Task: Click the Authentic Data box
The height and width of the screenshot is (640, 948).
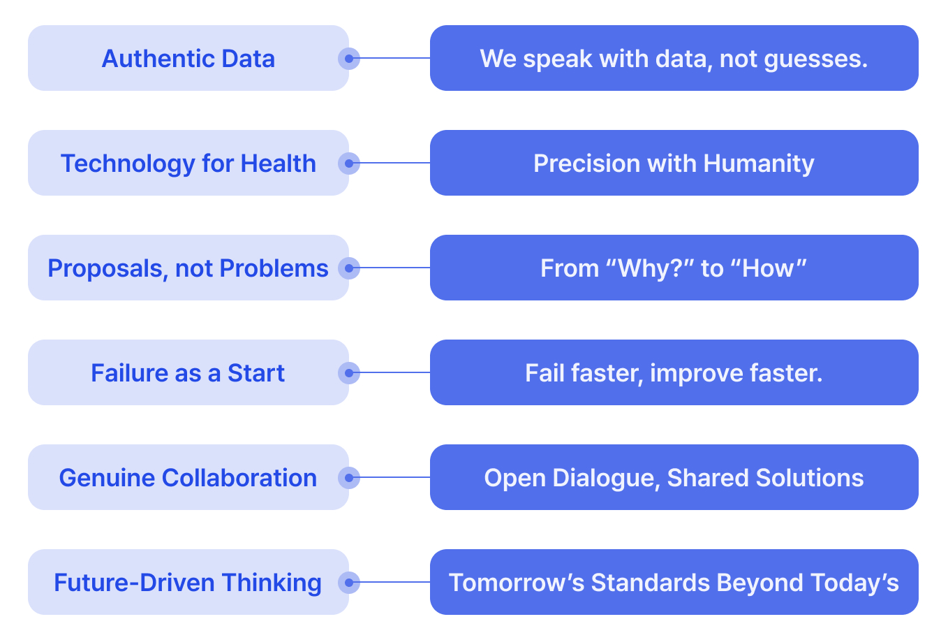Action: [x=188, y=58]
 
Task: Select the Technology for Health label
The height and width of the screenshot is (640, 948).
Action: [x=188, y=163]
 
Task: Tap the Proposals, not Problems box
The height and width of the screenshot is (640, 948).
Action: [x=188, y=268]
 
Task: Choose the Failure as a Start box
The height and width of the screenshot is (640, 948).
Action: [x=188, y=372]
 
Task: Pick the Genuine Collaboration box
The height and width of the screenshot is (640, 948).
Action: [x=188, y=477]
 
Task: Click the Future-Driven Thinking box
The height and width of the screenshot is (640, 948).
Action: [x=188, y=582]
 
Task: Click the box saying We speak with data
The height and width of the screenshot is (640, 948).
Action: [x=674, y=58]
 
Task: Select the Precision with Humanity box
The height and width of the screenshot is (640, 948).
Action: [x=674, y=163]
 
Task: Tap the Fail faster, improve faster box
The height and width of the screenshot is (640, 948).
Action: [x=674, y=372]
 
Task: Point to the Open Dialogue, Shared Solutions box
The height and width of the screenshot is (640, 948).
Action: [x=674, y=477]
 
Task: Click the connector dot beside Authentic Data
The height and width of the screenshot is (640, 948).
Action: [x=349, y=58]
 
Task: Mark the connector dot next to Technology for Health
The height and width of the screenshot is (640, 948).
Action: [x=349, y=163]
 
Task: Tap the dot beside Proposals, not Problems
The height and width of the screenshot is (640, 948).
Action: [x=349, y=268]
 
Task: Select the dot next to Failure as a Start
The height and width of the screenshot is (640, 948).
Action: [x=349, y=372]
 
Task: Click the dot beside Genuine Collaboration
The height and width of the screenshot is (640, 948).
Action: [x=349, y=477]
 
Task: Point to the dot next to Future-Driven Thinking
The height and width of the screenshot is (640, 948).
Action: [x=349, y=582]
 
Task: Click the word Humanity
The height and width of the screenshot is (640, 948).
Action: [x=759, y=163]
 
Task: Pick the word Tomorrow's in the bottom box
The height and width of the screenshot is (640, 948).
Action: [x=517, y=583]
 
